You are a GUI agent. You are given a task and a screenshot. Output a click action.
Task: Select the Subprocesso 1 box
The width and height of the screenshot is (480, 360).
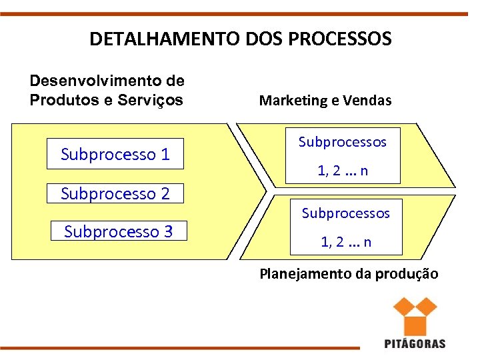click(115, 155)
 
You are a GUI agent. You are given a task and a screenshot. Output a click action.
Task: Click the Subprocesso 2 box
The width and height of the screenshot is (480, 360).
click(115, 193)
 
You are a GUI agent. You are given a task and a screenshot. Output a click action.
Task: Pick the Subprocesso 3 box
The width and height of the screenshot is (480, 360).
click(119, 231)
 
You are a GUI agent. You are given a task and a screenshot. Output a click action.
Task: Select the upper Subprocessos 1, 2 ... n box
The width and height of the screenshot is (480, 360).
click(343, 156)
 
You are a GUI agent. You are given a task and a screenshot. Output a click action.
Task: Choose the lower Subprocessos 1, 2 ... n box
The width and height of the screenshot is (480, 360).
click(345, 227)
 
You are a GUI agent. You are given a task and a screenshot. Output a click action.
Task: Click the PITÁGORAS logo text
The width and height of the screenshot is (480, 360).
click(415, 343)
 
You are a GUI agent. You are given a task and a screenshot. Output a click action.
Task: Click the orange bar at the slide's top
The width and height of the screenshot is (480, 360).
click(240, 13)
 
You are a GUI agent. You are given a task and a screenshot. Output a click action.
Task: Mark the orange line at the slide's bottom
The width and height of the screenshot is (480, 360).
click(180, 348)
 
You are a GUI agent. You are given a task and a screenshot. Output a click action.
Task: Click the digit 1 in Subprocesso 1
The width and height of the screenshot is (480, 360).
click(165, 155)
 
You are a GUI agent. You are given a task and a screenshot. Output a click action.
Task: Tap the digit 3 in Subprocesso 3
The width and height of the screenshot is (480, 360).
click(168, 231)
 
